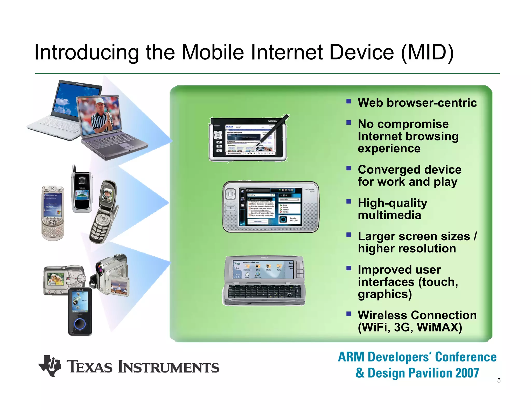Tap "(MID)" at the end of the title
click(x=427, y=53)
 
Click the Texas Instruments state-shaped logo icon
click(x=50, y=366)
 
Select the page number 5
click(x=499, y=380)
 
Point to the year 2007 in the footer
click(x=467, y=373)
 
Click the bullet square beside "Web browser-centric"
click(x=348, y=101)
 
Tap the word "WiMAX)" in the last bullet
click(x=440, y=327)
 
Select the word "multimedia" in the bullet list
click(x=389, y=215)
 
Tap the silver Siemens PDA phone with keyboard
click(x=53, y=213)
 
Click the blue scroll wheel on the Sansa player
click(x=80, y=324)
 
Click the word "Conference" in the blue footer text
click(x=466, y=357)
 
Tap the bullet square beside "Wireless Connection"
click(x=348, y=314)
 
